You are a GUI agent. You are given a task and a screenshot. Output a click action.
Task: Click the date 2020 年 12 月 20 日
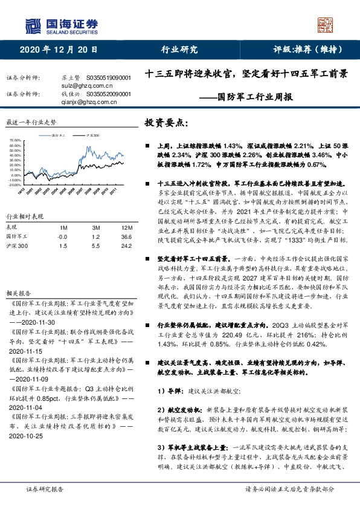(59, 50)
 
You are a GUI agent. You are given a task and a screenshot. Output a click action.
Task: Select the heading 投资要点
(166, 123)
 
